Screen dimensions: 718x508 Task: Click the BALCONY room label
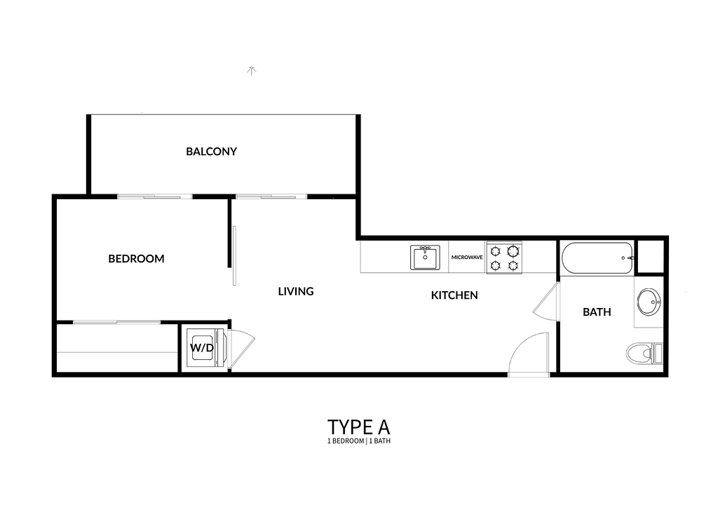[211, 151]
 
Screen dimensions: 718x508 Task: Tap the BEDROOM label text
[136, 259]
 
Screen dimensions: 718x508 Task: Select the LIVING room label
[296, 291]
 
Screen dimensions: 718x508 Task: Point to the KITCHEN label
[454, 295]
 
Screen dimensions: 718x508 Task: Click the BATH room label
[597, 312]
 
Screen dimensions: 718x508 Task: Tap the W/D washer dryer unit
[203, 348]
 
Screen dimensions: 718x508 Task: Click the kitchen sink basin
[425, 258]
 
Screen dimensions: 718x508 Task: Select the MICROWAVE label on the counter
[467, 258]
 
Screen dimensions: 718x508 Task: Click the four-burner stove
[504, 258]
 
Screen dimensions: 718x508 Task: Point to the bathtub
[597, 258]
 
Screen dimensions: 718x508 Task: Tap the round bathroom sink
[649, 302]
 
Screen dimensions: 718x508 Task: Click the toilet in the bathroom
[644, 353]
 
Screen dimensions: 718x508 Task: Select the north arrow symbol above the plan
[251, 71]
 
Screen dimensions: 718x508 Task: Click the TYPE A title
[358, 427]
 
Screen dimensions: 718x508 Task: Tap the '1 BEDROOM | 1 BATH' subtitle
[358, 441]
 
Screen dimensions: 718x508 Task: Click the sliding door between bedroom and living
[234, 255]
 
